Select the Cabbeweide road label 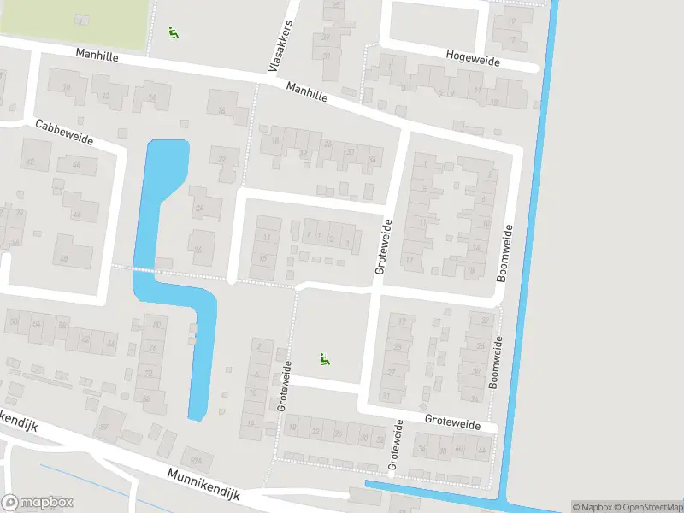[64, 132]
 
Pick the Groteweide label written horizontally [461, 422]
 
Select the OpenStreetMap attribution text [646, 507]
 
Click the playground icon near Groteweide [324, 359]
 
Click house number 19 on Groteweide [401, 321]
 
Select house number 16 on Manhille [221, 110]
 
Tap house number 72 [149, 374]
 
